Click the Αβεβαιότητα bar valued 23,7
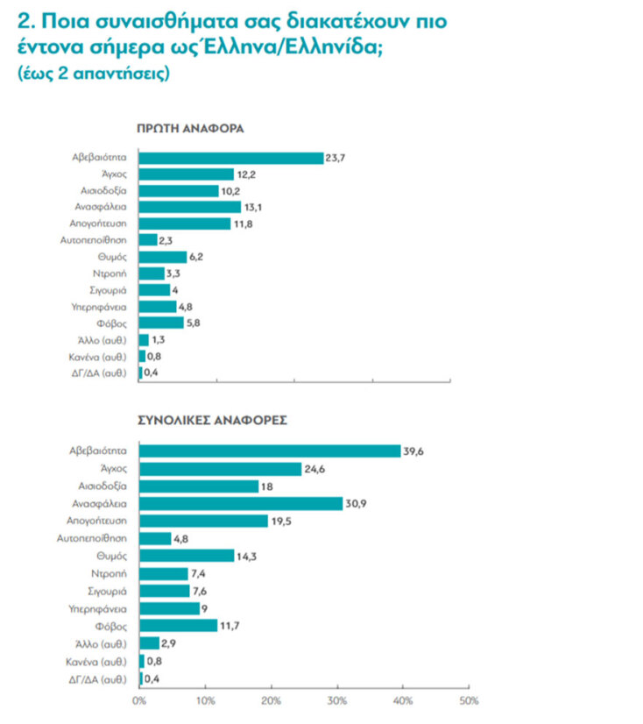tap(231, 158)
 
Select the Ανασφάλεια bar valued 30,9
tap(241, 503)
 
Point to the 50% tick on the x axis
tap(469, 702)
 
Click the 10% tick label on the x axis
tap(204, 702)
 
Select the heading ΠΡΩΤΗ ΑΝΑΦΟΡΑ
tap(189, 128)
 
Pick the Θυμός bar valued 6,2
tap(163, 257)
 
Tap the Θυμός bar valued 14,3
tap(187, 556)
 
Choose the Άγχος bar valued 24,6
tap(220, 468)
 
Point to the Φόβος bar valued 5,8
tap(161, 323)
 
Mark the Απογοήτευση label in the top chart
tap(102, 224)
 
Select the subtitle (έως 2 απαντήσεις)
tap(93, 75)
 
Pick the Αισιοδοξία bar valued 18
tap(198, 486)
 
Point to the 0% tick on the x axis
tap(138, 702)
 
